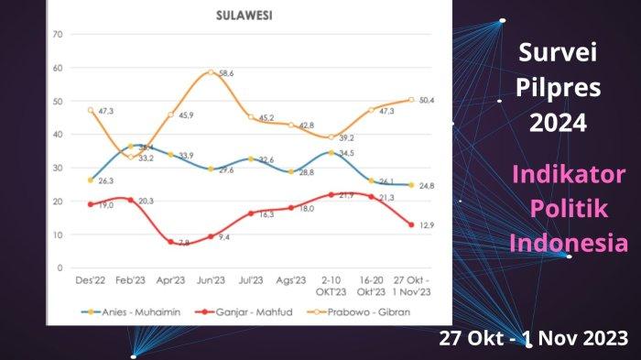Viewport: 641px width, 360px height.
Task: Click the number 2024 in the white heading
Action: [556, 122]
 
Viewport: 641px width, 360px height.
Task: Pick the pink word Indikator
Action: [569, 175]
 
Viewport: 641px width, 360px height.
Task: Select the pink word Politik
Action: [569, 209]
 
